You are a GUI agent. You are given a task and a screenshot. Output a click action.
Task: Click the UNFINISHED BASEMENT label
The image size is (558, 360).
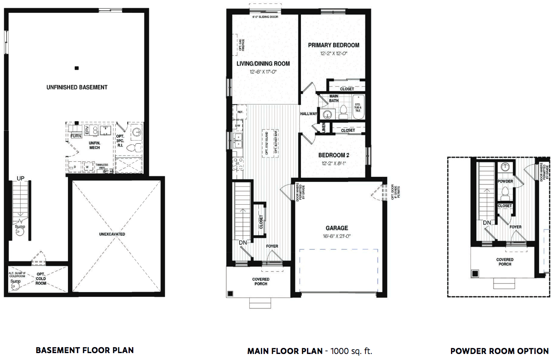(77, 87)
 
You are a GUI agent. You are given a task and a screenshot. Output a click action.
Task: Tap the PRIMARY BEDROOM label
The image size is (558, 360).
(334, 45)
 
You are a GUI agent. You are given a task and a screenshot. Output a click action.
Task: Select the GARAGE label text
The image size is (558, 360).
(337, 228)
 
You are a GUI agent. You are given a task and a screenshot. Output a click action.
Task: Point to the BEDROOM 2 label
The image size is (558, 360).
(333, 155)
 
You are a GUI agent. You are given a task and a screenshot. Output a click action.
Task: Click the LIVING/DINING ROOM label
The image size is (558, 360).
(263, 64)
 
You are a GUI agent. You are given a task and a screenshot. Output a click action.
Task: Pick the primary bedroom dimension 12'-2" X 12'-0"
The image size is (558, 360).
(334, 54)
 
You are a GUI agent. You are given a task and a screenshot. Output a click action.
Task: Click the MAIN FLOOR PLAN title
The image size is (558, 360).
(285, 351)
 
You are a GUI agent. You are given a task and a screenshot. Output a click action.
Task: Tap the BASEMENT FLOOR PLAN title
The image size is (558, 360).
(85, 351)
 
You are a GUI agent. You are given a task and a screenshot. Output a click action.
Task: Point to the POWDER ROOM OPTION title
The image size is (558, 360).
(500, 351)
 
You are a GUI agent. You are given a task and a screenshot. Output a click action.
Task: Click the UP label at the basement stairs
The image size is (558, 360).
(21, 178)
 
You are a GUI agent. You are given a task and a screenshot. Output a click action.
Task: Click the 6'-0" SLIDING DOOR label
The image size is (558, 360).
(265, 17)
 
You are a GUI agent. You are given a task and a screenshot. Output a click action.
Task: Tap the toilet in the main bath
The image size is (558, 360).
(343, 113)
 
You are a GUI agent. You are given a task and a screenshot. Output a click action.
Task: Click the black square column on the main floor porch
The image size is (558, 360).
(230, 294)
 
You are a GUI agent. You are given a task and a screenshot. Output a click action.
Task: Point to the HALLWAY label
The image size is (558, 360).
(309, 114)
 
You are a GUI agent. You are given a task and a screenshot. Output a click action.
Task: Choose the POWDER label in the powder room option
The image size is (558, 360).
(505, 181)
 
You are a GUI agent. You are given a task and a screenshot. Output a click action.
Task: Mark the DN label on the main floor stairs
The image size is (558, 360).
(242, 243)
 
